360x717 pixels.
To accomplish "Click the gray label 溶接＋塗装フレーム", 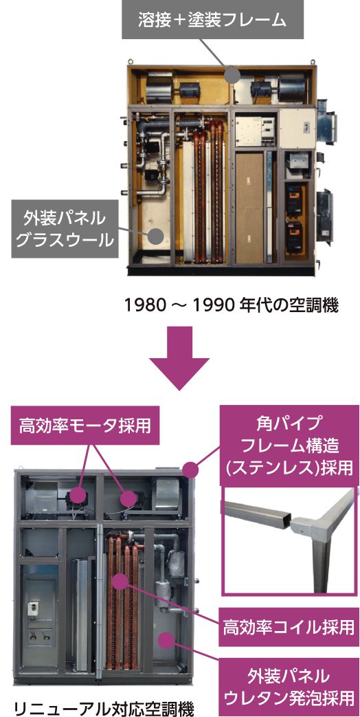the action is coord(212,20).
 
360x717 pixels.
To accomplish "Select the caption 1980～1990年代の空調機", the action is coord(232,305).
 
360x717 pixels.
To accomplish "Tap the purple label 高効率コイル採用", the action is coord(289,627).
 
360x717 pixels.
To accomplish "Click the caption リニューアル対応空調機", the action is coord(104,709).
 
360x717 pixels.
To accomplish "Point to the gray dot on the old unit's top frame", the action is coord(232,74).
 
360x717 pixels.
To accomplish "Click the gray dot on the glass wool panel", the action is coord(157,236).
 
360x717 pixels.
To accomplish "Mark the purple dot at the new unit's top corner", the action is coord(190,469).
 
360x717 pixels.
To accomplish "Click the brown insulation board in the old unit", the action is coord(249,208).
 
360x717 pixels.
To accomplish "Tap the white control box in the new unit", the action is coord(34,608).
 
